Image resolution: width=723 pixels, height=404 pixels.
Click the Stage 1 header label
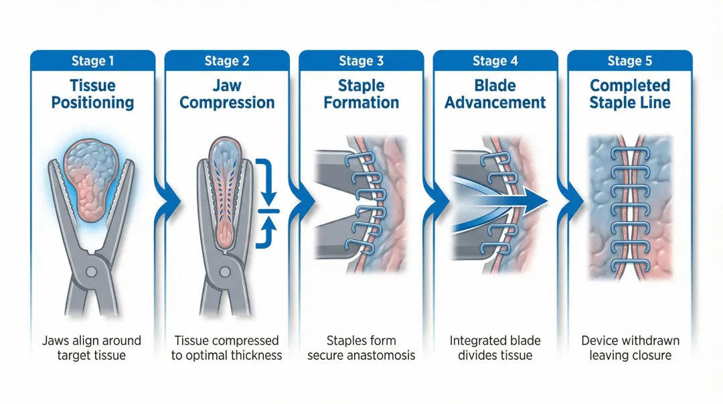click(x=92, y=61)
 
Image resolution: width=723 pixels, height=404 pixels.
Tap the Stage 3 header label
click(x=361, y=61)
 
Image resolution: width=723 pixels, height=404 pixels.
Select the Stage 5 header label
click(x=629, y=61)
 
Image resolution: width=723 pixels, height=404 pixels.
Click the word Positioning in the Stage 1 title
click(x=92, y=103)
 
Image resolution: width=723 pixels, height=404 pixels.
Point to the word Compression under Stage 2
click(x=227, y=103)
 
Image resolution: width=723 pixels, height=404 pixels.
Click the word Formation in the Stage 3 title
click(x=361, y=103)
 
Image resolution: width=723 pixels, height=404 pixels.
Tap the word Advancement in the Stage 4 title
click(x=495, y=103)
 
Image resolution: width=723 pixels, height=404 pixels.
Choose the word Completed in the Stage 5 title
click(x=629, y=86)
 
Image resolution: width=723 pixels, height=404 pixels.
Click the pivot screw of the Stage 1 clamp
click(x=92, y=271)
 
